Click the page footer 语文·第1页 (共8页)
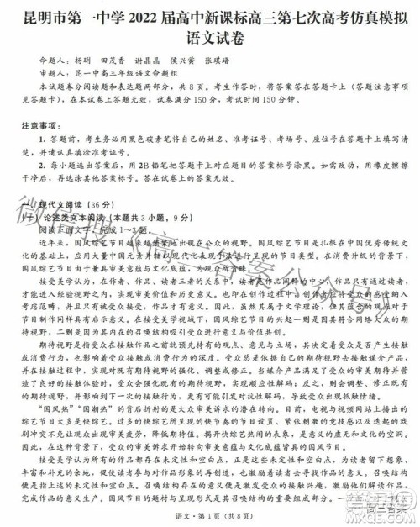coord(210,510)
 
